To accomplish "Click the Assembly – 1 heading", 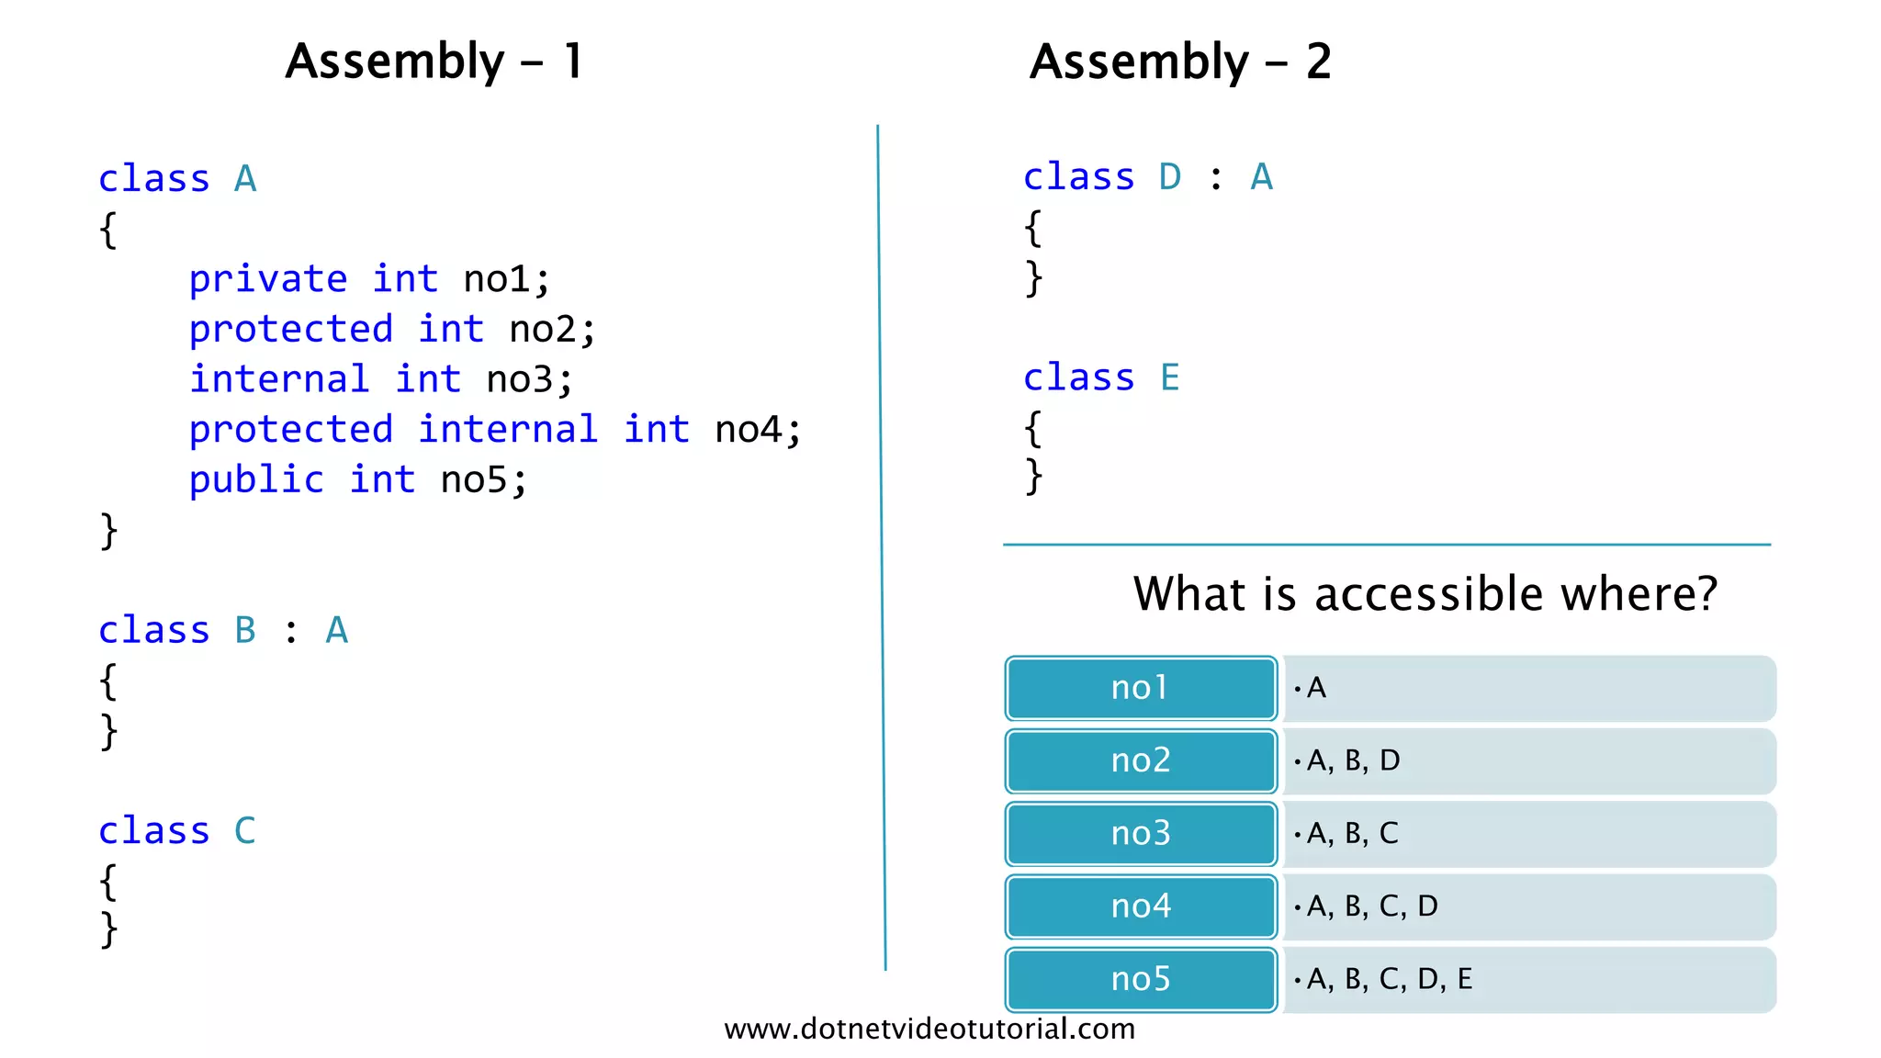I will pyautogui.click(x=434, y=62).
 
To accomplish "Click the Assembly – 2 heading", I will pyautogui.click(x=1179, y=62).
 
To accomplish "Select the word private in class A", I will pyautogui.click(x=267, y=279).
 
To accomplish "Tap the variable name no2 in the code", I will pyautogui.click(x=542, y=329).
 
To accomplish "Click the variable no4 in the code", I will pyautogui.click(x=748, y=430).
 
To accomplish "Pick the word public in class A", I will pyautogui.click(x=256, y=479).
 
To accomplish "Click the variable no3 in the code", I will pyautogui.click(x=519, y=379).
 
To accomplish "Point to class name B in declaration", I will pyautogui.click(x=244, y=630).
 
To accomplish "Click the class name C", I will pyautogui.click(x=244, y=830).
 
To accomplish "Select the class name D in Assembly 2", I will pyautogui.click(x=1169, y=176).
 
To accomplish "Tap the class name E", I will pyautogui.click(x=1169, y=377).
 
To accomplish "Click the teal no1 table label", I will pyautogui.click(x=1140, y=688).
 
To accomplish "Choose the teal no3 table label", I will pyautogui.click(x=1140, y=833).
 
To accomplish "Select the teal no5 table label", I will pyautogui.click(x=1140, y=979).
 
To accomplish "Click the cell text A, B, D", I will pyautogui.click(x=1353, y=760).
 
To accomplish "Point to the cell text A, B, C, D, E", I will pyautogui.click(x=1389, y=979).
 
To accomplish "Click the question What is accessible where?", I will pyautogui.click(x=1425, y=593).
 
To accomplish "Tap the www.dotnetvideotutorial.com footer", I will pyautogui.click(x=929, y=1029).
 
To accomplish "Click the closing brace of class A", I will pyautogui.click(x=108, y=531).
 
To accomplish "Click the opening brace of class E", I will pyautogui.click(x=1033, y=428).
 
